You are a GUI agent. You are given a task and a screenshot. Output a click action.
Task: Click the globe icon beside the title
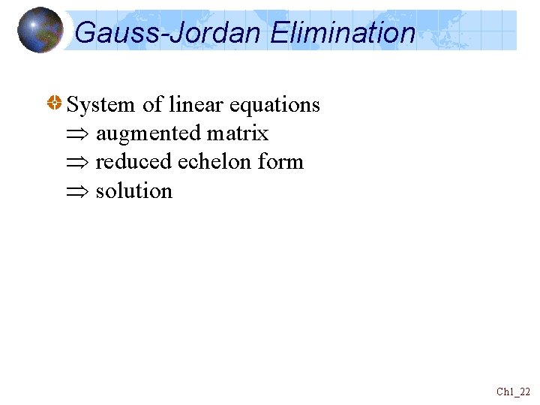40,30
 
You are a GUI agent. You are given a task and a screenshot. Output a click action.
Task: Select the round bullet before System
54,104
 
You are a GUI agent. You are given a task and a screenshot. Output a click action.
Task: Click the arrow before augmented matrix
78,134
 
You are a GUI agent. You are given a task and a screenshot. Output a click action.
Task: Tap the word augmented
148,134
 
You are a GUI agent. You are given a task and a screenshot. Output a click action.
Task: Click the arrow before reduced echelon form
78,163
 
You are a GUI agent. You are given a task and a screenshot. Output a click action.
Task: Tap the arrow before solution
78,191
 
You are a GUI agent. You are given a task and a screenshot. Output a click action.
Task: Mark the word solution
134,191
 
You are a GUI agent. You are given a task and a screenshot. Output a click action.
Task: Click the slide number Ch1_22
513,391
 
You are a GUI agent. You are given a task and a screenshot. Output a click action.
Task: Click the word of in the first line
152,105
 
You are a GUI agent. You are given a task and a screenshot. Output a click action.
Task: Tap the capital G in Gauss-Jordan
85,33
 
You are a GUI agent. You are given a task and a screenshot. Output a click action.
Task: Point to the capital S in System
73,105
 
